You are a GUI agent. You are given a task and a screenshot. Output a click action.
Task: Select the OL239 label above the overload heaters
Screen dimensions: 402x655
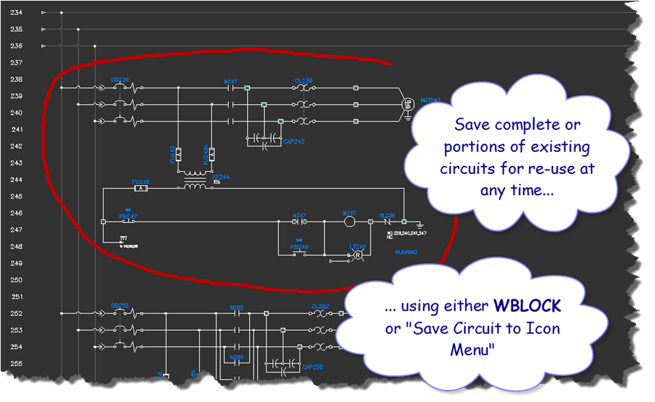tap(304, 81)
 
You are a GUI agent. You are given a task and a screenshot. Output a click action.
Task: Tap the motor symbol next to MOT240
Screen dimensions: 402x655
tap(406, 104)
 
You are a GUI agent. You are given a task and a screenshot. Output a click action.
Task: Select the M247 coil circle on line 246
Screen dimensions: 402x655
tap(350, 221)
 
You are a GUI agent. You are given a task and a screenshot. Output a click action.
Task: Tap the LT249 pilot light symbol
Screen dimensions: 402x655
tap(358, 255)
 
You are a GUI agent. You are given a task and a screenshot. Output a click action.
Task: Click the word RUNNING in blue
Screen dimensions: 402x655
tap(406, 253)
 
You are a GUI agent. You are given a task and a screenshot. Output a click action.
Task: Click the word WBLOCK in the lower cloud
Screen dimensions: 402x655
tap(527, 307)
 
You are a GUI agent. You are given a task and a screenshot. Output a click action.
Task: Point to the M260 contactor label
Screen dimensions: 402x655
tap(237, 308)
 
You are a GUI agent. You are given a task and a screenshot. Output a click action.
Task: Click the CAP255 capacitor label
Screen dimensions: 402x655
tap(312, 366)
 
